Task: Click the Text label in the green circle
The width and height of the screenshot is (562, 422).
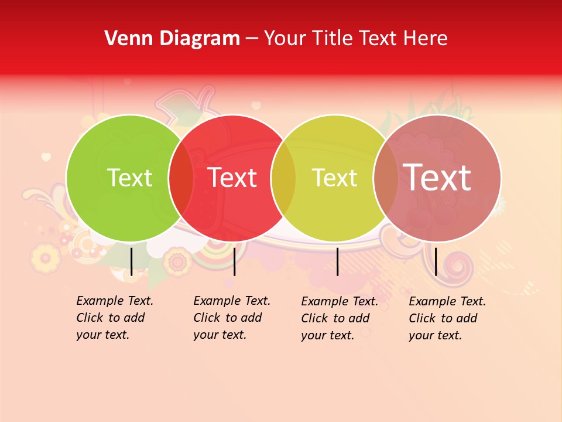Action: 129,178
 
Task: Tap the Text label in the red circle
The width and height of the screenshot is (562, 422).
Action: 232,178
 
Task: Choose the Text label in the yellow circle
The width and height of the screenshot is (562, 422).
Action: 334,178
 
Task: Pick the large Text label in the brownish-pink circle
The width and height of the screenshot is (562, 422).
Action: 437,178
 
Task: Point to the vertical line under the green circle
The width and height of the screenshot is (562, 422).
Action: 132,261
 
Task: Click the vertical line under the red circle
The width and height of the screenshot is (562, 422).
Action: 234,261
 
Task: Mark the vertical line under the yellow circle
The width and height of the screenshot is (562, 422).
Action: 338,261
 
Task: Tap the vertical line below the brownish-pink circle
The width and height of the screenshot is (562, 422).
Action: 436,261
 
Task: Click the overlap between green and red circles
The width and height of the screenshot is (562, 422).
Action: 181,178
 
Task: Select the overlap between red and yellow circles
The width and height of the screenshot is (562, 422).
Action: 283,178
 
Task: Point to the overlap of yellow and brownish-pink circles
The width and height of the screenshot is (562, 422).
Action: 386,178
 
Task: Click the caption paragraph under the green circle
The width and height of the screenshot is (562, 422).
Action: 114,318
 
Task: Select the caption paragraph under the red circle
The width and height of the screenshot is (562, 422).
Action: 231,318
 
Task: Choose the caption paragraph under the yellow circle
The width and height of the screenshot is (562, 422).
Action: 339,318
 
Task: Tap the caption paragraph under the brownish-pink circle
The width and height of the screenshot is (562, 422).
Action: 447,318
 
